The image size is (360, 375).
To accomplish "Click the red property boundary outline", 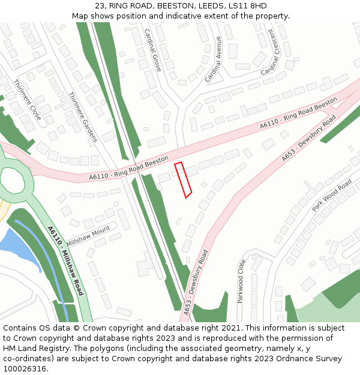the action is click(x=183, y=179).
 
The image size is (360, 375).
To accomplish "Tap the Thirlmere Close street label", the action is click(x=28, y=100).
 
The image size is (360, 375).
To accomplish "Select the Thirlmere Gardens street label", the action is click(x=83, y=117).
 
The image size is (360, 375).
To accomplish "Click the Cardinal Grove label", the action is click(x=152, y=50).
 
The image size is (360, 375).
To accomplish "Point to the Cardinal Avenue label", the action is click(x=213, y=59).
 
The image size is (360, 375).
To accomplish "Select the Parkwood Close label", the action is click(x=242, y=281).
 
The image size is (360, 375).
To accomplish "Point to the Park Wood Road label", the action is click(x=332, y=195).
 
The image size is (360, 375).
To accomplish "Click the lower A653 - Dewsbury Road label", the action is click(x=196, y=282).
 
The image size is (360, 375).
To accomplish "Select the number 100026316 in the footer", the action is click(x=24, y=368).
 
